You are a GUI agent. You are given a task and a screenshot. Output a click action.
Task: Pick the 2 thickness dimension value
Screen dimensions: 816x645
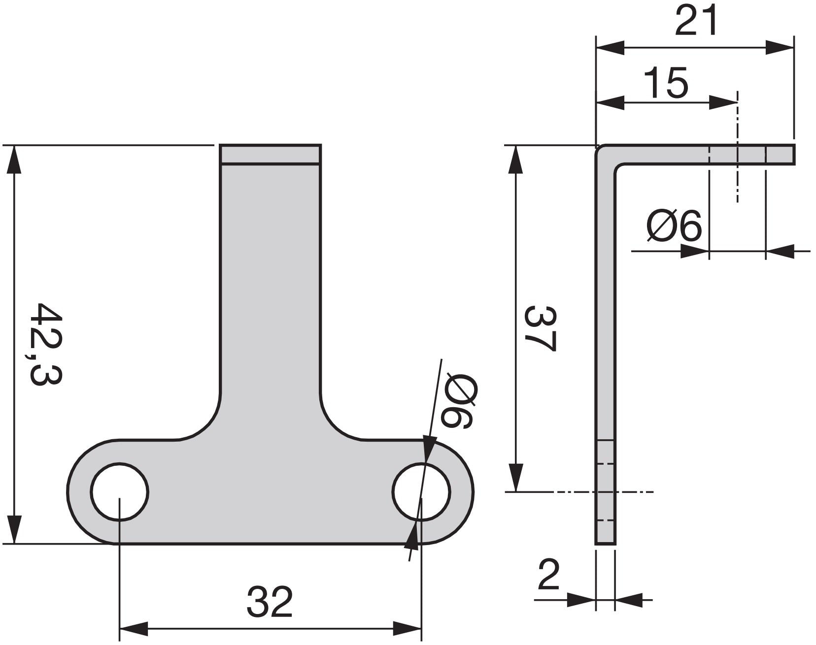tap(548, 574)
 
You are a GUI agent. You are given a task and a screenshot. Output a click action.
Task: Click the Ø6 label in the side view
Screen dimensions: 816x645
tap(674, 226)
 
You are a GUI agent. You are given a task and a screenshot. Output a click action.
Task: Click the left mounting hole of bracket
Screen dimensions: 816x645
tap(119, 491)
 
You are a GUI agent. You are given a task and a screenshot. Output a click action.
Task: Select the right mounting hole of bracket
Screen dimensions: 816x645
tap(421, 491)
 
